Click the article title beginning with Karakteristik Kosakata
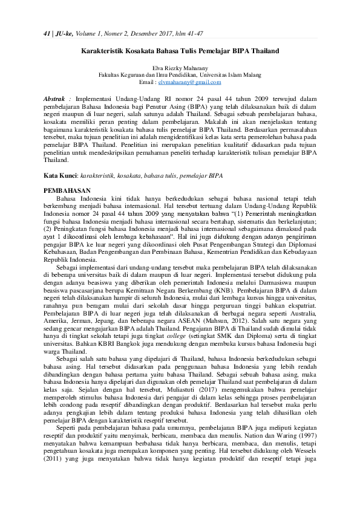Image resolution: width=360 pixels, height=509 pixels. (180, 51)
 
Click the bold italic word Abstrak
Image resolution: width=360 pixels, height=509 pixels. (58, 97)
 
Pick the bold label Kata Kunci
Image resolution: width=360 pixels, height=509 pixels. (61, 175)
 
